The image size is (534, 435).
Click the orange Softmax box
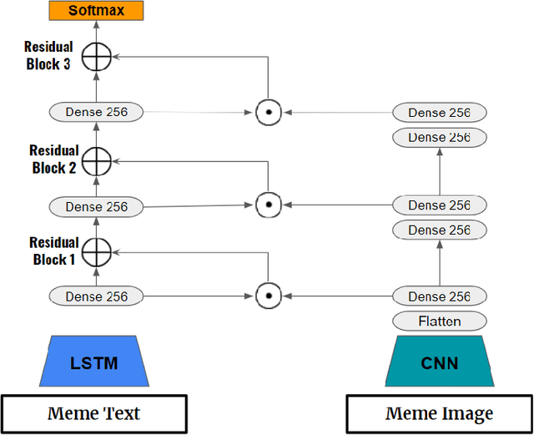(96, 11)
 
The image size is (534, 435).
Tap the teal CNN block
(439, 363)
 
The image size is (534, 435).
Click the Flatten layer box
(439, 321)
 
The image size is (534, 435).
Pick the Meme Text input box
(93, 412)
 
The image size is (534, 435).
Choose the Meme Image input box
(439, 412)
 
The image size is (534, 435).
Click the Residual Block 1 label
(53, 250)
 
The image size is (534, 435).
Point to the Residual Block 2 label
(53, 159)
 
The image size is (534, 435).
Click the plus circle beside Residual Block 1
(97, 250)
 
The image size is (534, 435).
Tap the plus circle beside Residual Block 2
(97, 159)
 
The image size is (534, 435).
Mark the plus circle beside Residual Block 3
(97, 56)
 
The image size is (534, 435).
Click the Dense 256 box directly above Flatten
(439, 296)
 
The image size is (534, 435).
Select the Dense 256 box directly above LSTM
(96, 296)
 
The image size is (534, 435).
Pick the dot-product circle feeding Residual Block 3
(267, 111)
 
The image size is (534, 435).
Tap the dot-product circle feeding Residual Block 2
(267, 204)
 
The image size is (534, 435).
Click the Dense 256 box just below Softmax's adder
(96, 111)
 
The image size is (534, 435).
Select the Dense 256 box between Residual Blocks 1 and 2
(96, 205)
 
